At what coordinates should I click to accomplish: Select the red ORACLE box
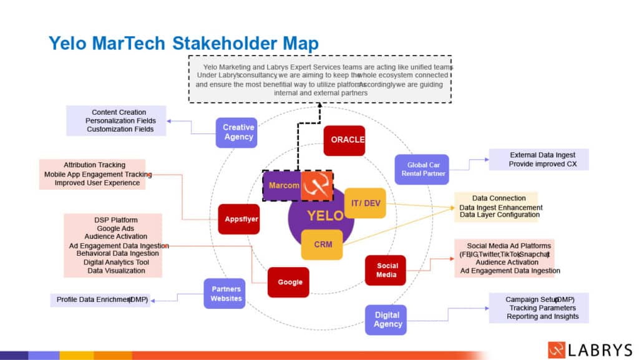[344, 140]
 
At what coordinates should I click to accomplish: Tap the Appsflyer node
[238, 219]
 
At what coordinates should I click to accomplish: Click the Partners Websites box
[224, 294]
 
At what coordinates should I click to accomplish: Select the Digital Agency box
[386, 320]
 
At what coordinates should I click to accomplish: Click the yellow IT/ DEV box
[364, 203]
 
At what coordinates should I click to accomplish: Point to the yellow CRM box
[321, 244]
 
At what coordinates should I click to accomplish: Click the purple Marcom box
[281, 185]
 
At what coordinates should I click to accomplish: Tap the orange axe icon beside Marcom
[316, 186]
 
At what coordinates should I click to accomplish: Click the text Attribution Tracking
[94, 165]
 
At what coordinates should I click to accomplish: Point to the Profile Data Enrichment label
[100, 299]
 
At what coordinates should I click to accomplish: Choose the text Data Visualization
[113, 271]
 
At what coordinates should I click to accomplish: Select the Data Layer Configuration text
[499, 215]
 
